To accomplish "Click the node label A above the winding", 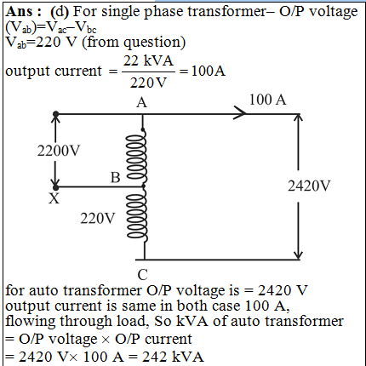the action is point(142,102).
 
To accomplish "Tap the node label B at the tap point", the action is point(115,178).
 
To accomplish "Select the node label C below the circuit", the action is point(142,275).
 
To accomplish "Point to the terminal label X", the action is point(54,198).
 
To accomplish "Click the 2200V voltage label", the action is point(59,151).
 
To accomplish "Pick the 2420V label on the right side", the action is point(309,186).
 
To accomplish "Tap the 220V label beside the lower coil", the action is point(98,219).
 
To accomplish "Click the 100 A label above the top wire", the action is point(267,100).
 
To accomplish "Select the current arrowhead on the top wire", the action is point(240,114).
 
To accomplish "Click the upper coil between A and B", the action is point(138,157).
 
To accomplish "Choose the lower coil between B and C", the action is point(138,215).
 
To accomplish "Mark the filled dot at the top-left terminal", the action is point(56,114).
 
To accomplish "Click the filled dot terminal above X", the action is point(56,187).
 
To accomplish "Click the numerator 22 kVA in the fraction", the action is point(148,60).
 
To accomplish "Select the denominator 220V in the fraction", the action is point(148,83).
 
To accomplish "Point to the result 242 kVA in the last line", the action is point(173,357).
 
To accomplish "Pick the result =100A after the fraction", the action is point(203,71).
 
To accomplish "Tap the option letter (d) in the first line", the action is point(60,12).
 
